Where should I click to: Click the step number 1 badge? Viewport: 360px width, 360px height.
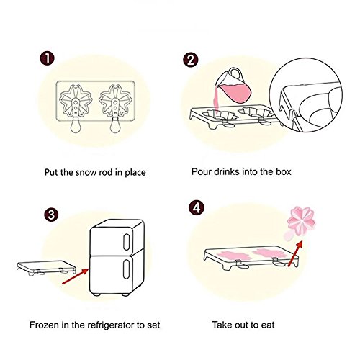click(x=47, y=58)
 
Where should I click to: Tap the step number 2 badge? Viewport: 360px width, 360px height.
click(x=191, y=60)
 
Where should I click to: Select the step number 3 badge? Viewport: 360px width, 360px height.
click(x=51, y=215)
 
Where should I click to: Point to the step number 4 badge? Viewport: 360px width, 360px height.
click(x=197, y=208)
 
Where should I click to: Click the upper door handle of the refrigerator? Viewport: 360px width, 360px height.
click(x=126, y=242)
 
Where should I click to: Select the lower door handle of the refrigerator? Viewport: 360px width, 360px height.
click(x=126, y=269)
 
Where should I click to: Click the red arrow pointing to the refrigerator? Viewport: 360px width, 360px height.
click(x=76, y=276)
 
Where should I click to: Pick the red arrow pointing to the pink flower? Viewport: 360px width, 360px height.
click(x=295, y=253)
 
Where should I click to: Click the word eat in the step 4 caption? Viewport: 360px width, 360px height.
click(x=268, y=325)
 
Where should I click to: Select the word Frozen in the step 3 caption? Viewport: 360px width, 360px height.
click(x=44, y=325)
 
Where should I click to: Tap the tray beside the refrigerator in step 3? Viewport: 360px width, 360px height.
click(x=46, y=268)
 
